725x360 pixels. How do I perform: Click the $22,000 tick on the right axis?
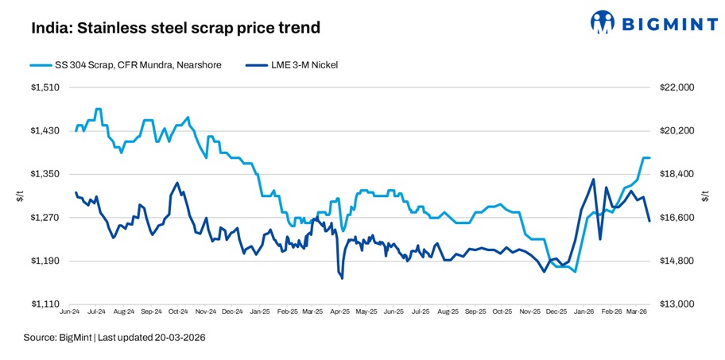[677, 87]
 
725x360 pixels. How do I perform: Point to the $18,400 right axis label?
[677, 174]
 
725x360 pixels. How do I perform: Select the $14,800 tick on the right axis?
[677, 261]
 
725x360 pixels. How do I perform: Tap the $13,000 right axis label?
[677, 304]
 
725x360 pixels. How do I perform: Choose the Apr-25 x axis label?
[340, 313]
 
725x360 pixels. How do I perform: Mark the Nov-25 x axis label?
[529, 313]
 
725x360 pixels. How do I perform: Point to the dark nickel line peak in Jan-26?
[593, 179]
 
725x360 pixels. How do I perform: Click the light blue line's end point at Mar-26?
[649, 158]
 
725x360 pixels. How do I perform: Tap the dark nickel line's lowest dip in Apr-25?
[342, 278]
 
